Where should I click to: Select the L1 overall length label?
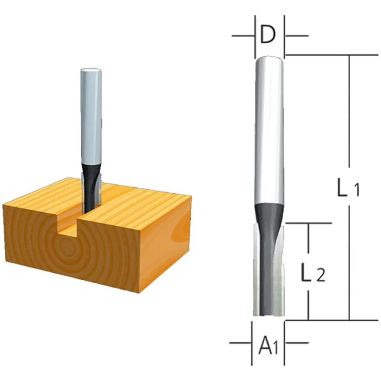click(x=348, y=189)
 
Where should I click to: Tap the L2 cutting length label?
click(x=312, y=273)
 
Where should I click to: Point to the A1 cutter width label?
click(x=268, y=346)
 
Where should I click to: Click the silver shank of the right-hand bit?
click(x=269, y=130)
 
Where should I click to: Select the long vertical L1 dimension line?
click(x=349, y=130)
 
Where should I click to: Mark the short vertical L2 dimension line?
click(x=308, y=242)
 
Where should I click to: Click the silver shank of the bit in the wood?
click(x=91, y=117)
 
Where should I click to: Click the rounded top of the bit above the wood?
click(x=91, y=70)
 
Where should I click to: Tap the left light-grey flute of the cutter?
click(x=257, y=277)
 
